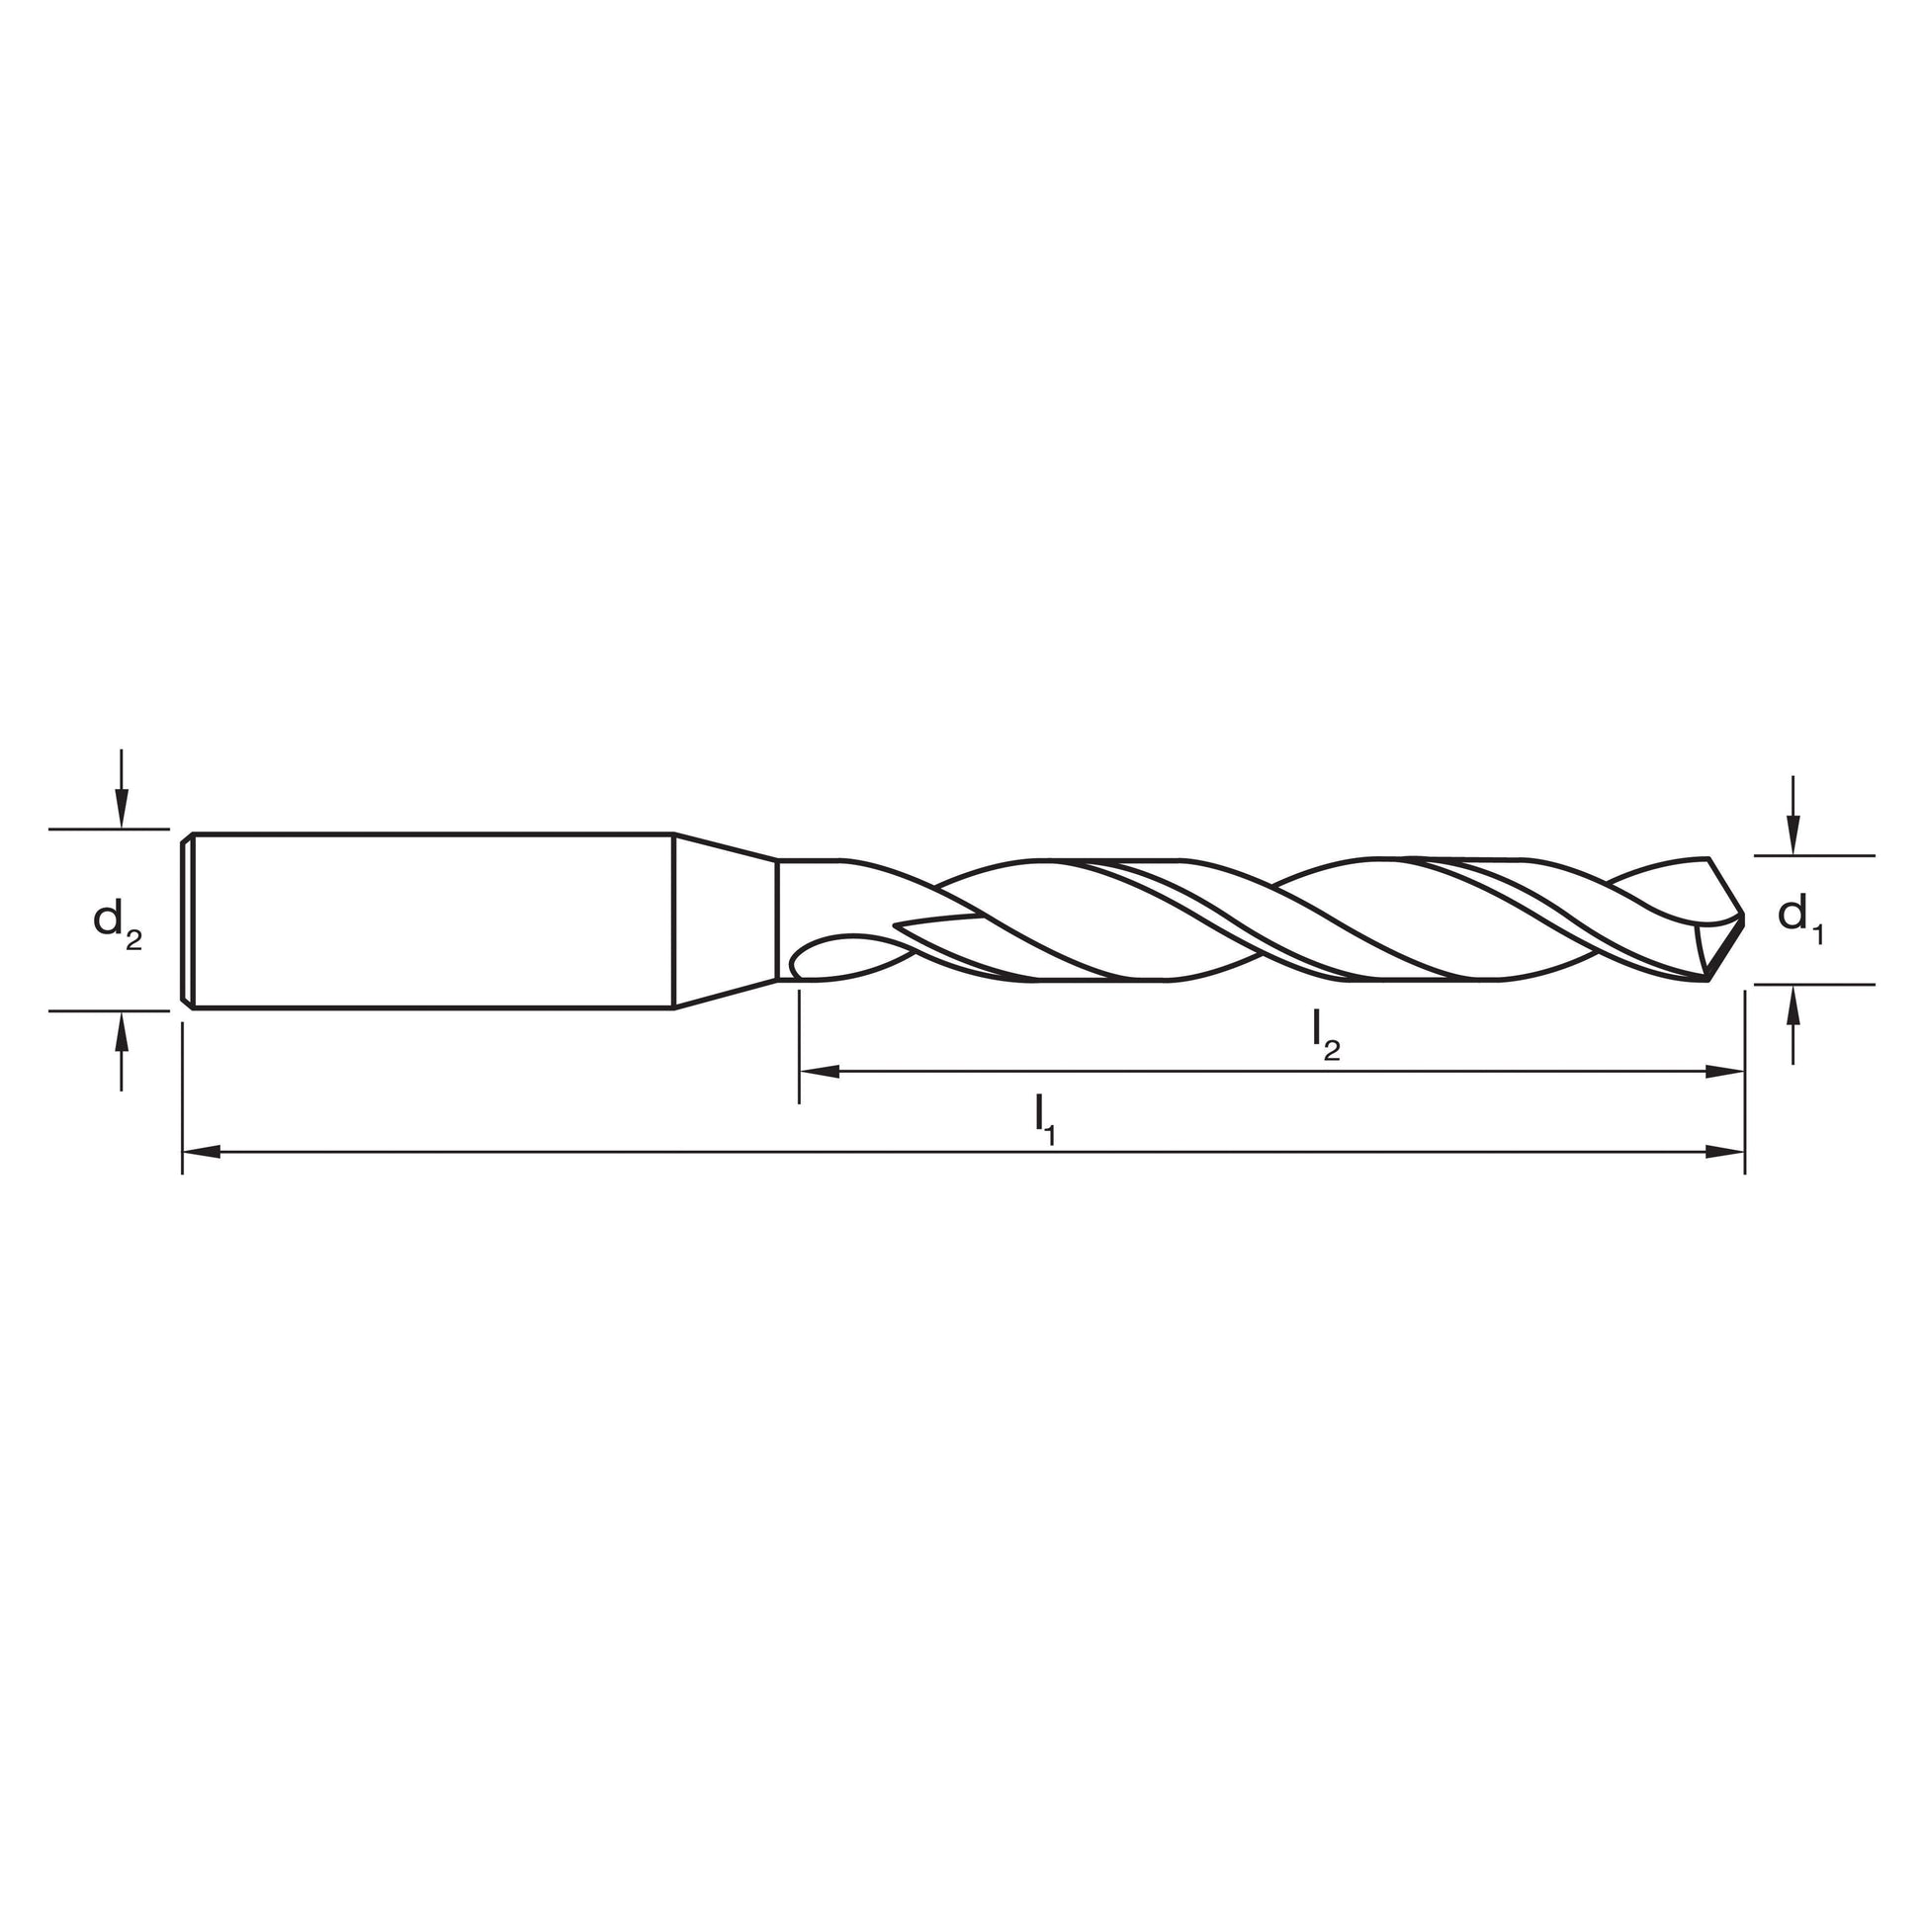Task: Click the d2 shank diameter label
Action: tap(118, 921)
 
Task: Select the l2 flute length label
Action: tap(1327, 1033)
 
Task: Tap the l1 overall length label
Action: tap(1045, 1118)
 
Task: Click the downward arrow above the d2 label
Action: tap(122, 788)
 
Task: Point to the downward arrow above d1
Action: tap(1793, 815)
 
